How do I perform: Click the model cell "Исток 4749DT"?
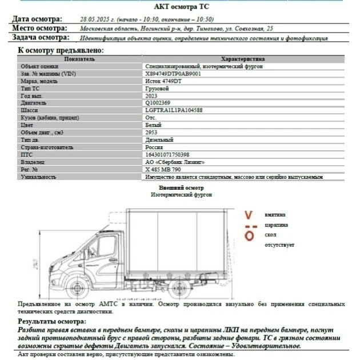(163, 81)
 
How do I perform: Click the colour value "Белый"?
(153, 125)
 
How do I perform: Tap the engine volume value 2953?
(152, 133)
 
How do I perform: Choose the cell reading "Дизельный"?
(159, 140)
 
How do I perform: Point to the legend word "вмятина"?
(275, 215)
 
